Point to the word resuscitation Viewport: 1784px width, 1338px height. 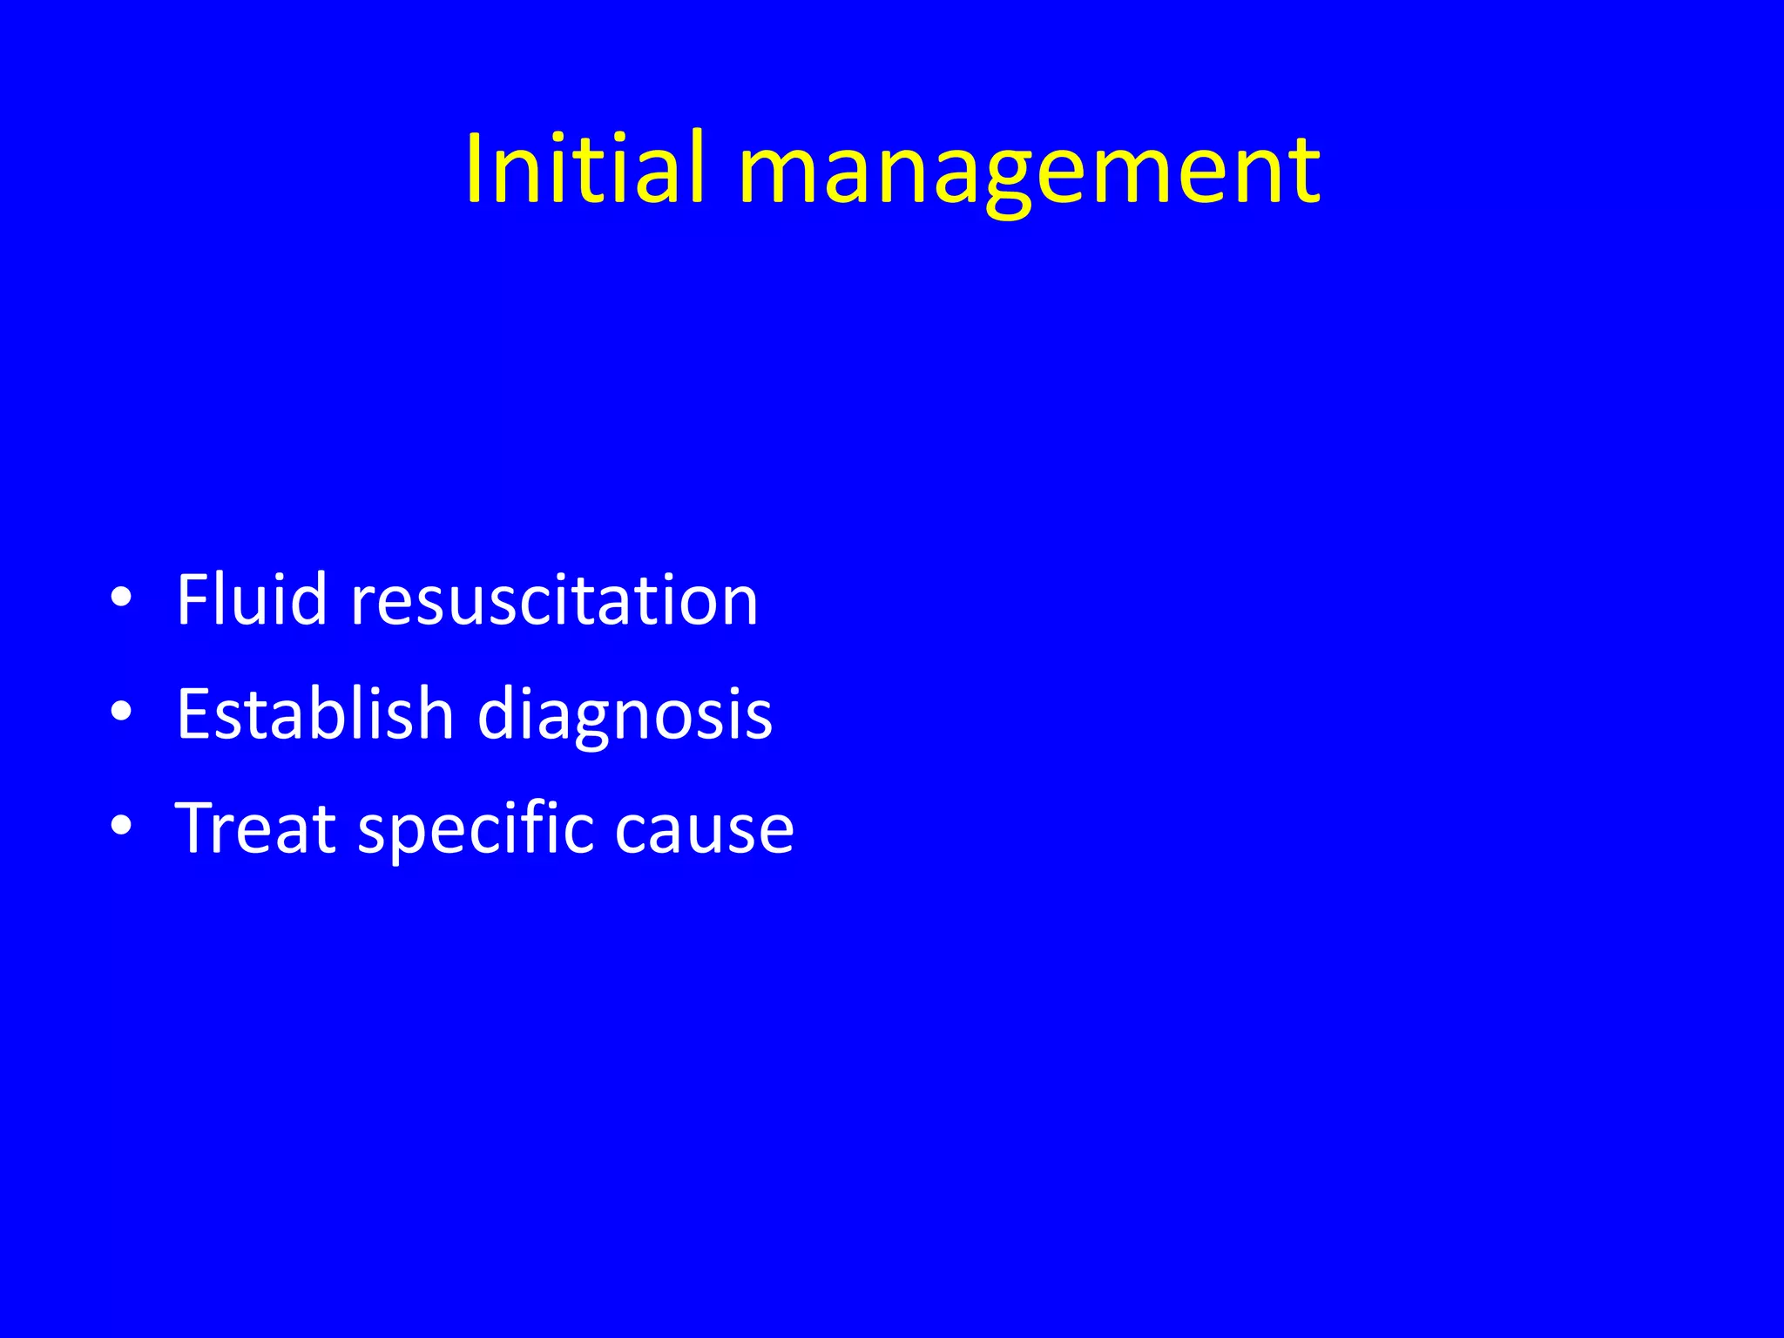point(554,601)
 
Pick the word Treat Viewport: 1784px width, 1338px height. point(255,828)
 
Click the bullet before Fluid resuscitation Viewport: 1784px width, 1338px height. point(122,598)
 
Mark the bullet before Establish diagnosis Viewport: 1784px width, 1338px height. point(122,713)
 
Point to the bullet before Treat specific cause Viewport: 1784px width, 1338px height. point(122,826)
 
